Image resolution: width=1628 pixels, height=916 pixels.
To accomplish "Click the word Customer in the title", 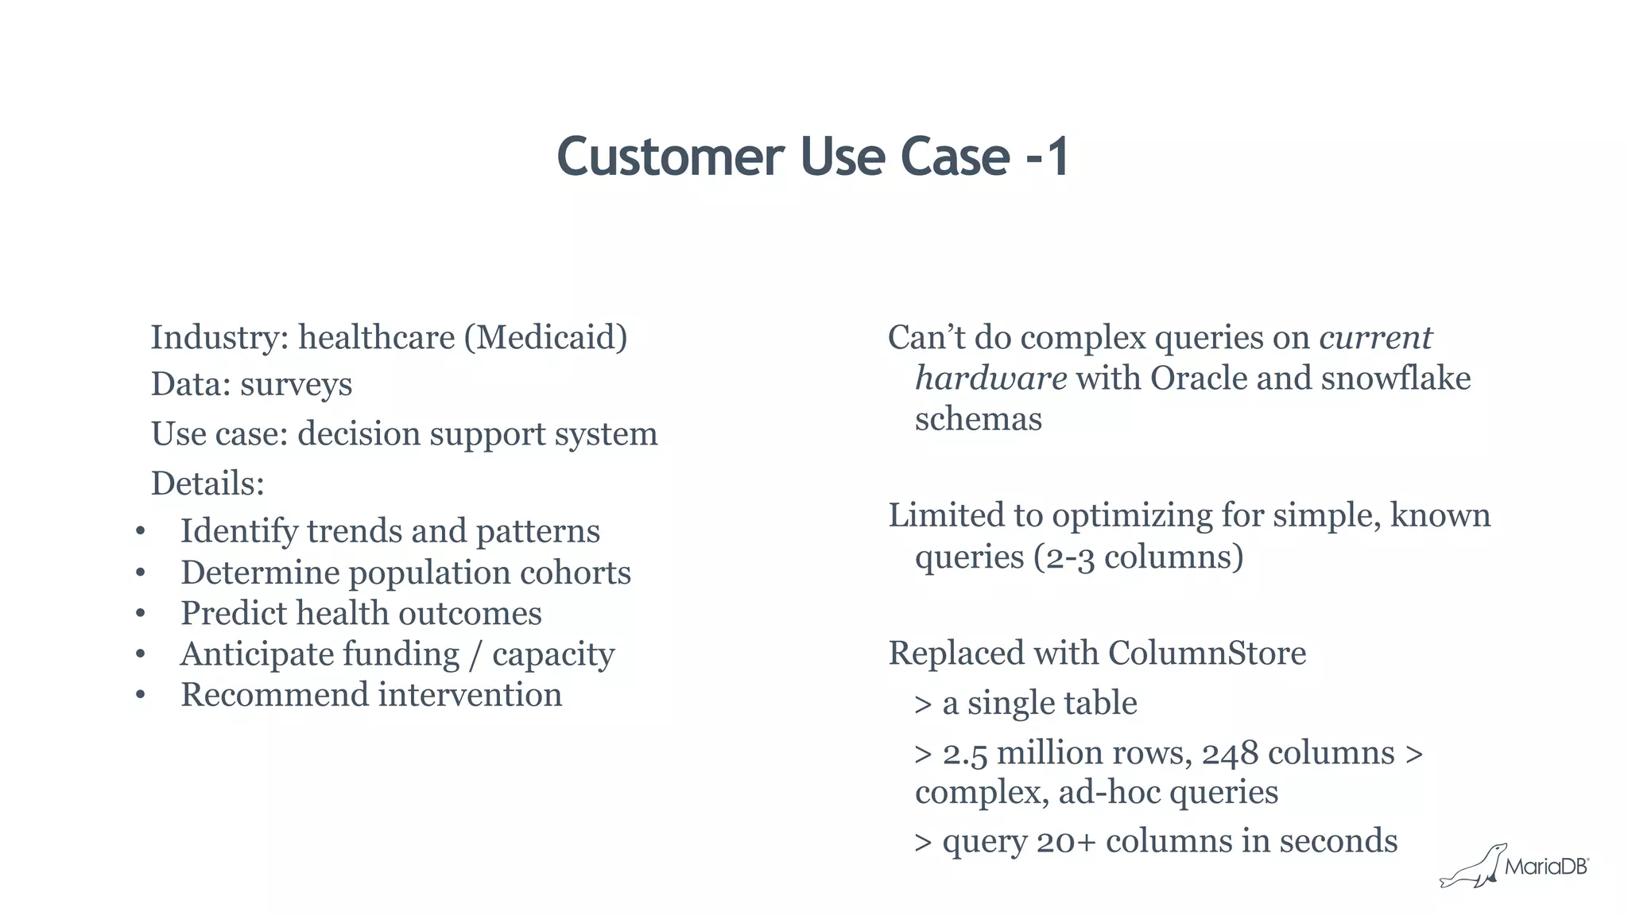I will click(670, 157).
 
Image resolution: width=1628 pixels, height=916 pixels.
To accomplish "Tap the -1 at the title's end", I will click(1048, 157).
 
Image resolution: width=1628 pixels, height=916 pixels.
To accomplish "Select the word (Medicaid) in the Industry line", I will click(545, 338).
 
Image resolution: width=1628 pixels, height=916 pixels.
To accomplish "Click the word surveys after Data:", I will click(296, 386).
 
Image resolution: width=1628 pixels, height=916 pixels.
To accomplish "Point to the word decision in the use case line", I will click(359, 434).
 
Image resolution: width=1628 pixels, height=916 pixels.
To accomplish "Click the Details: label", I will click(207, 483).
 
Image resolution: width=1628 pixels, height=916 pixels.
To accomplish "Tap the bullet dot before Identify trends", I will click(141, 531).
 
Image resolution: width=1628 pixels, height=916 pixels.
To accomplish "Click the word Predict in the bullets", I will click(233, 614).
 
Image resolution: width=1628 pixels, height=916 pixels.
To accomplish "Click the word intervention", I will click(470, 695).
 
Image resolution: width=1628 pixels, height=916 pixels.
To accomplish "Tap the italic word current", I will click(1375, 338).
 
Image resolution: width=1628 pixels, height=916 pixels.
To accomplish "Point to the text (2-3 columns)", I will click(1138, 557).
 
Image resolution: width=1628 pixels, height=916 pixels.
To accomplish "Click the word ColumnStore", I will click(1207, 654).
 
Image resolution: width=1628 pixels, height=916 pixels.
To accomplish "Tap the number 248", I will click(1230, 754).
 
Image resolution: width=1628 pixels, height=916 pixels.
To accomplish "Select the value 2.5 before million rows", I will click(964, 754).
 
